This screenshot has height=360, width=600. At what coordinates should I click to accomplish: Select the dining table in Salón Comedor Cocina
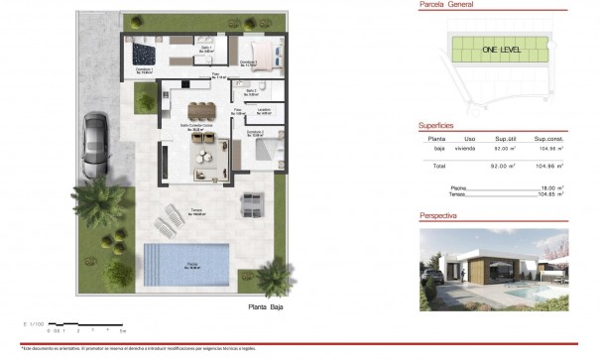199,109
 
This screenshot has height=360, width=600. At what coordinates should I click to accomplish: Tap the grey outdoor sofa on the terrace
252,205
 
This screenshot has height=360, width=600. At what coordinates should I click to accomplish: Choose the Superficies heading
436,125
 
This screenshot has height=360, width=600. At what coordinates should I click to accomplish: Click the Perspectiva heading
438,214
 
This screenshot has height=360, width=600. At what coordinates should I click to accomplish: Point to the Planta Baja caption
265,308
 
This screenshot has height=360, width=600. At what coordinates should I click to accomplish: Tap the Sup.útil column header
507,138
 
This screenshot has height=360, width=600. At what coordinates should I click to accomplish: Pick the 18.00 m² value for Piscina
548,186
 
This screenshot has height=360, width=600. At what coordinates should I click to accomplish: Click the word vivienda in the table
470,149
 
